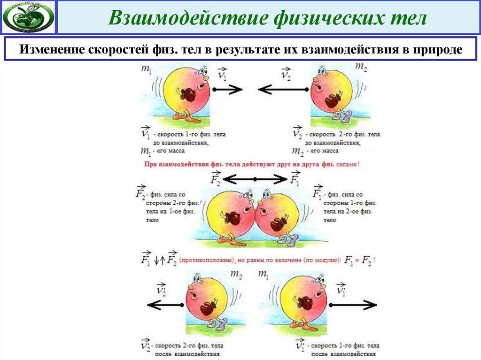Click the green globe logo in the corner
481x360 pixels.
(x=28, y=17)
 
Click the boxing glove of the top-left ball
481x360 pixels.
(x=189, y=95)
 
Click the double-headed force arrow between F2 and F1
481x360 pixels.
(x=255, y=179)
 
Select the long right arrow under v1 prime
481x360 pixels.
(x=353, y=305)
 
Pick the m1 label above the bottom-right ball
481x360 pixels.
(x=264, y=274)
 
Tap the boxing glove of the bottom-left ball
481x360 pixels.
(x=208, y=308)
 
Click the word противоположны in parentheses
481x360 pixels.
(x=205, y=260)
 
